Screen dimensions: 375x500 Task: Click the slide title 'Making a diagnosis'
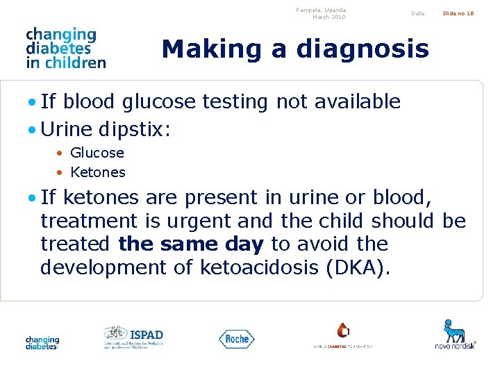click(x=295, y=49)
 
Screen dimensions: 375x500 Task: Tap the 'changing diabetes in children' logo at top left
click(x=65, y=48)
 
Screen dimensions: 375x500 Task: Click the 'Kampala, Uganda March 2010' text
click(x=320, y=13)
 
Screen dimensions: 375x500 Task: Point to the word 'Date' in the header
click(x=417, y=13)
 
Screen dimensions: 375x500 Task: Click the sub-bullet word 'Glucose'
click(x=97, y=153)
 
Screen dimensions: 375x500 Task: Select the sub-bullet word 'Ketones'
click(x=98, y=172)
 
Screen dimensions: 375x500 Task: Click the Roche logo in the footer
click(x=237, y=339)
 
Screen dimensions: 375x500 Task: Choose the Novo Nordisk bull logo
click(x=455, y=334)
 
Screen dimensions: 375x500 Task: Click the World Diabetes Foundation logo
click(x=342, y=335)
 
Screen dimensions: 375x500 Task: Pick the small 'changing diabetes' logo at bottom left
click(x=42, y=342)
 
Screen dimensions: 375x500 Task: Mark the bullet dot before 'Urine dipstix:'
click(x=33, y=130)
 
